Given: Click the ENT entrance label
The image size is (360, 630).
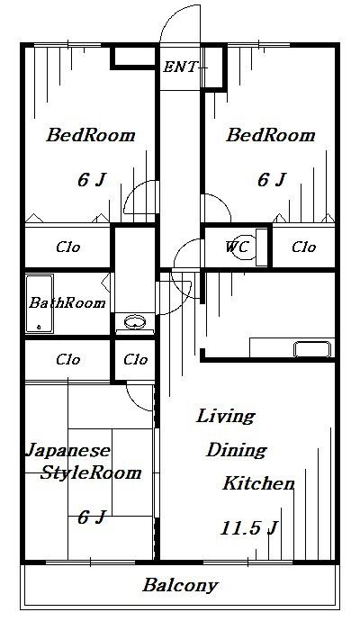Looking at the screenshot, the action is pos(180,67).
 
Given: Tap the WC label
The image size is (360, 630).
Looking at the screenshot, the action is pos(238,247).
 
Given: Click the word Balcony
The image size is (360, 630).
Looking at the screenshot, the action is pos(180,585).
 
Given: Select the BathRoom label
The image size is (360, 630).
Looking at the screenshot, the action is pos(67,302).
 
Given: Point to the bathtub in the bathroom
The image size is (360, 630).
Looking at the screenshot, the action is pos(40,304).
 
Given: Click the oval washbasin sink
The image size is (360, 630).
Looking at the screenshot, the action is pos(135,322).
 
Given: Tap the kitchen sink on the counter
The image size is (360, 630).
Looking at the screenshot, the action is pos(312,349).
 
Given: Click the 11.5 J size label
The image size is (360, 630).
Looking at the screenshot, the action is pos(248,528).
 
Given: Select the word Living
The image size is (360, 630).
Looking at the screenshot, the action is pos(225,416).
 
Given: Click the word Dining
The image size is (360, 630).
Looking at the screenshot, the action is pos(236,450).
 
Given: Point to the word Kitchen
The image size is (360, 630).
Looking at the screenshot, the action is pos(259,483).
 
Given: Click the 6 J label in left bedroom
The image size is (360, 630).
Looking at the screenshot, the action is pos(92,180).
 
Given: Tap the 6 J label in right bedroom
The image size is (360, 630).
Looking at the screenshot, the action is pos(272,180).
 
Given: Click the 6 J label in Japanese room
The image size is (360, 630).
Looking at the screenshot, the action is pos(92,517).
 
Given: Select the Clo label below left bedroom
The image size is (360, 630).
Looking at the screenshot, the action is pos(67,247).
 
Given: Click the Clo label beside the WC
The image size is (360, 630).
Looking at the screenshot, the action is pos(304,247).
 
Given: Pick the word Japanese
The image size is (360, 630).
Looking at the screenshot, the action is pos(67,451).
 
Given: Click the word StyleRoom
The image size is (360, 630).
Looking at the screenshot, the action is pos(90,472).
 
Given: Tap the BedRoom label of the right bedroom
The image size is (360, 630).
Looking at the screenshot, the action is pos(270,135).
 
